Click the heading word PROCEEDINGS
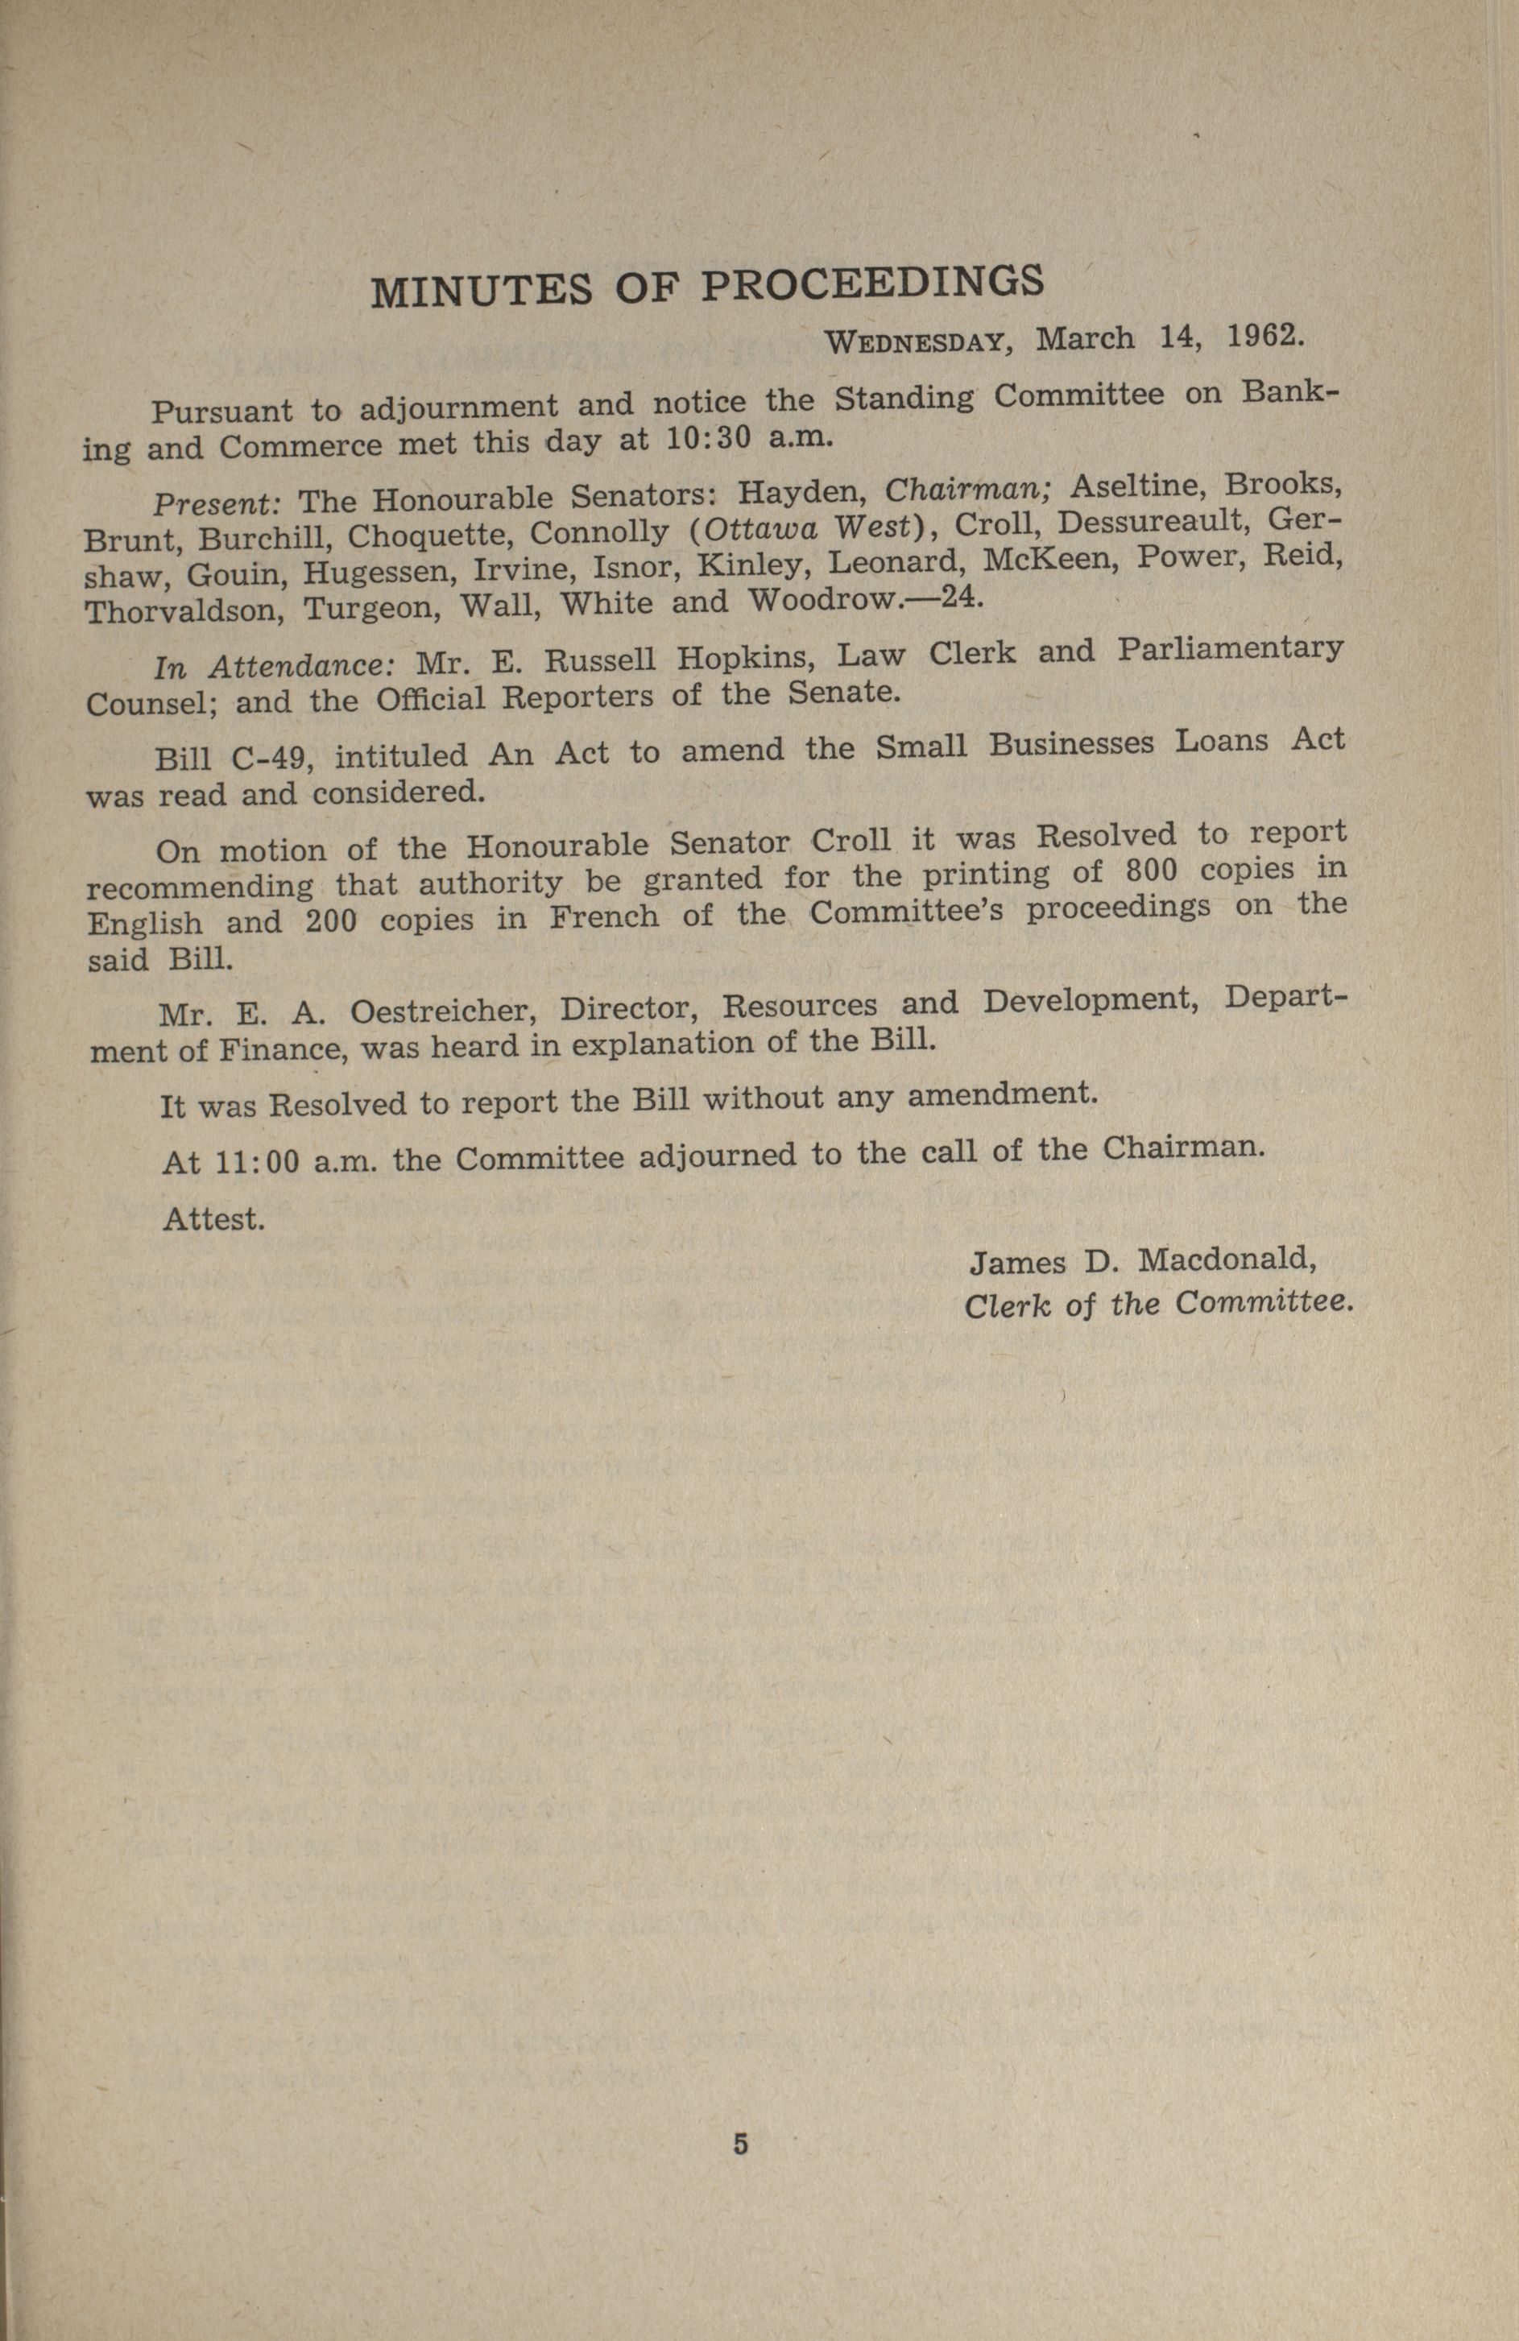(x=871, y=283)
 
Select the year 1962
(x=1265, y=336)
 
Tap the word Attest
(x=213, y=1220)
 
